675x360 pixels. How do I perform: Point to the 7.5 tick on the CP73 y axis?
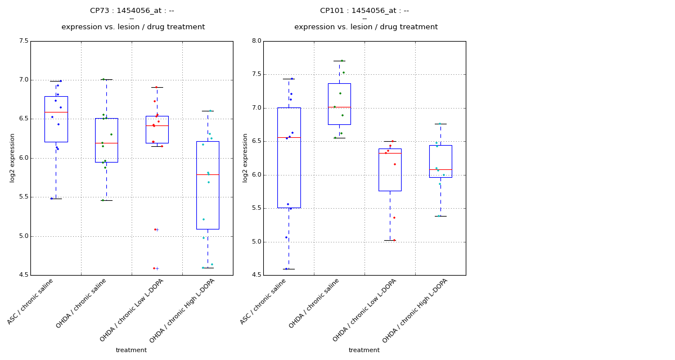23,41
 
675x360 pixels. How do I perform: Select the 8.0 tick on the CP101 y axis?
256,41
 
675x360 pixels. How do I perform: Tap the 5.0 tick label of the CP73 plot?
23,236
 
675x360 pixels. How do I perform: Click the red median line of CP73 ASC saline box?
56,112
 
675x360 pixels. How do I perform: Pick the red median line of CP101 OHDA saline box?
339,107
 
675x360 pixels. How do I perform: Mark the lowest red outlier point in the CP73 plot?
154,268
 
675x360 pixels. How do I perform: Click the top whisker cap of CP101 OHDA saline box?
339,61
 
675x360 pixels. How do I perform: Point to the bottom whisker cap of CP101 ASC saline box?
289,269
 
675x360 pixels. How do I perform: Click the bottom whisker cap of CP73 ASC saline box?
56,199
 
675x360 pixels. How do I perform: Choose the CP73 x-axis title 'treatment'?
131,350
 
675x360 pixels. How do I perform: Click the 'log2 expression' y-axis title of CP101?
245,157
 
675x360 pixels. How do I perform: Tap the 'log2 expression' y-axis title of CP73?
12,157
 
